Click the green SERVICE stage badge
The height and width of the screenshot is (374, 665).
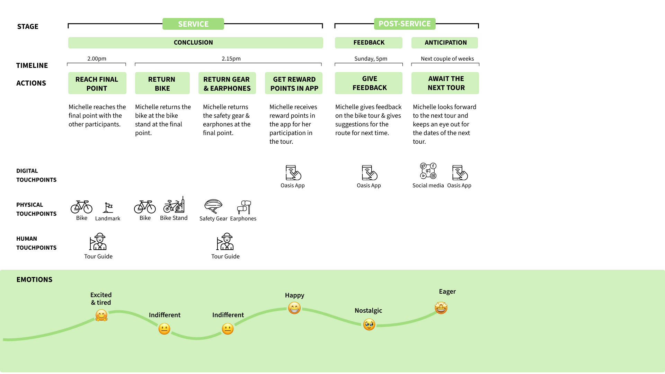tap(193, 24)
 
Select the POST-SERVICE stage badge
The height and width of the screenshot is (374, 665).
tap(405, 24)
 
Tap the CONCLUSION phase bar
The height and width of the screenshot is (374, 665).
tap(196, 43)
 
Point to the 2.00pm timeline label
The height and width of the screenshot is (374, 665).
tap(97, 59)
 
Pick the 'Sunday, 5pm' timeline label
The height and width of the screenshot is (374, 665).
tap(371, 59)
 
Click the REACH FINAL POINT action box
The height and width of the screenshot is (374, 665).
tap(97, 83)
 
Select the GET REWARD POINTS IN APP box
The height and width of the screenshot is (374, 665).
tap(294, 83)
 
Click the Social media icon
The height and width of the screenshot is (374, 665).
tap(428, 171)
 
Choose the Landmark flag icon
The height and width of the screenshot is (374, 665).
tap(108, 207)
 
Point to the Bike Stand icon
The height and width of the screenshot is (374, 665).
tap(174, 205)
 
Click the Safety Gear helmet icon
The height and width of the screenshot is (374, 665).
tap(213, 206)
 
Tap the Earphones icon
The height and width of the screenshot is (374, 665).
tap(244, 207)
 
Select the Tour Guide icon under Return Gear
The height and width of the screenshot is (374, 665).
tap(225, 241)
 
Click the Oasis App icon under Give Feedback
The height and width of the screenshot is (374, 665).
tap(369, 172)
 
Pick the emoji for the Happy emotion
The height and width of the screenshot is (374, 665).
tap(294, 308)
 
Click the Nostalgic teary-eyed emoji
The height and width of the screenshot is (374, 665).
tap(369, 324)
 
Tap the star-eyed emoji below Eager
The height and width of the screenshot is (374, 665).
tap(441, 308)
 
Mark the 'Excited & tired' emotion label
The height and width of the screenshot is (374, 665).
tap(101, 299)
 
